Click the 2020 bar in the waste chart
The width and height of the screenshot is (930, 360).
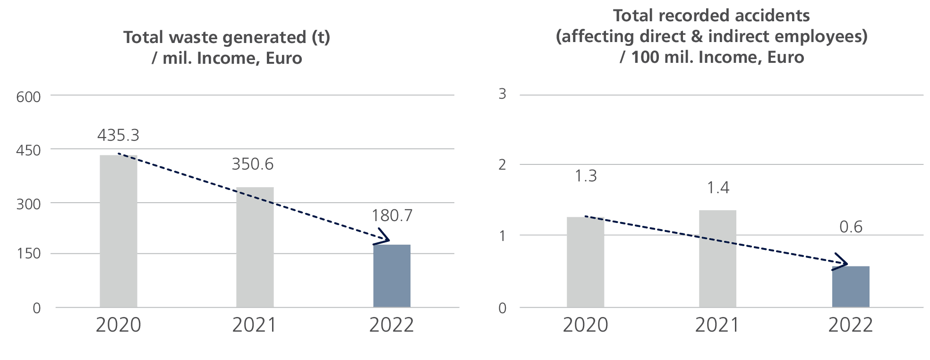tap(119, 231)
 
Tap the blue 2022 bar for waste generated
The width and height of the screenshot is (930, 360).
tap(392, 276)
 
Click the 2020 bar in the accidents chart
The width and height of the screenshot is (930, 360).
tap(585, 262)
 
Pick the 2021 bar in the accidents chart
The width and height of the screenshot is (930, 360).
tap(717, 259)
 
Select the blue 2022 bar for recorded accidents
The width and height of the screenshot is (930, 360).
tap(850, 287)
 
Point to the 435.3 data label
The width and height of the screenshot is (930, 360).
tap(118, 136)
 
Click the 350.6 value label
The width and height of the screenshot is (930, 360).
tap(253, 164)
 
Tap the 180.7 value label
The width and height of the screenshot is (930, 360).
tap(392, 216)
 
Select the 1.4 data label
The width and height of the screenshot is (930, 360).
tap(718, 188)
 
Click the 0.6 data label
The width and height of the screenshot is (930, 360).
tap(851, 227)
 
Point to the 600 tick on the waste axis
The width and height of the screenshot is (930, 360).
tap(29, 97)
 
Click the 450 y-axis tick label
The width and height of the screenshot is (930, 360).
tap(29, 151)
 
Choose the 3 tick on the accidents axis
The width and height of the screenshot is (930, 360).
tap(502, 94)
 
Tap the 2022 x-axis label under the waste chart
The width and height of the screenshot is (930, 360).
tap(392, 326)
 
